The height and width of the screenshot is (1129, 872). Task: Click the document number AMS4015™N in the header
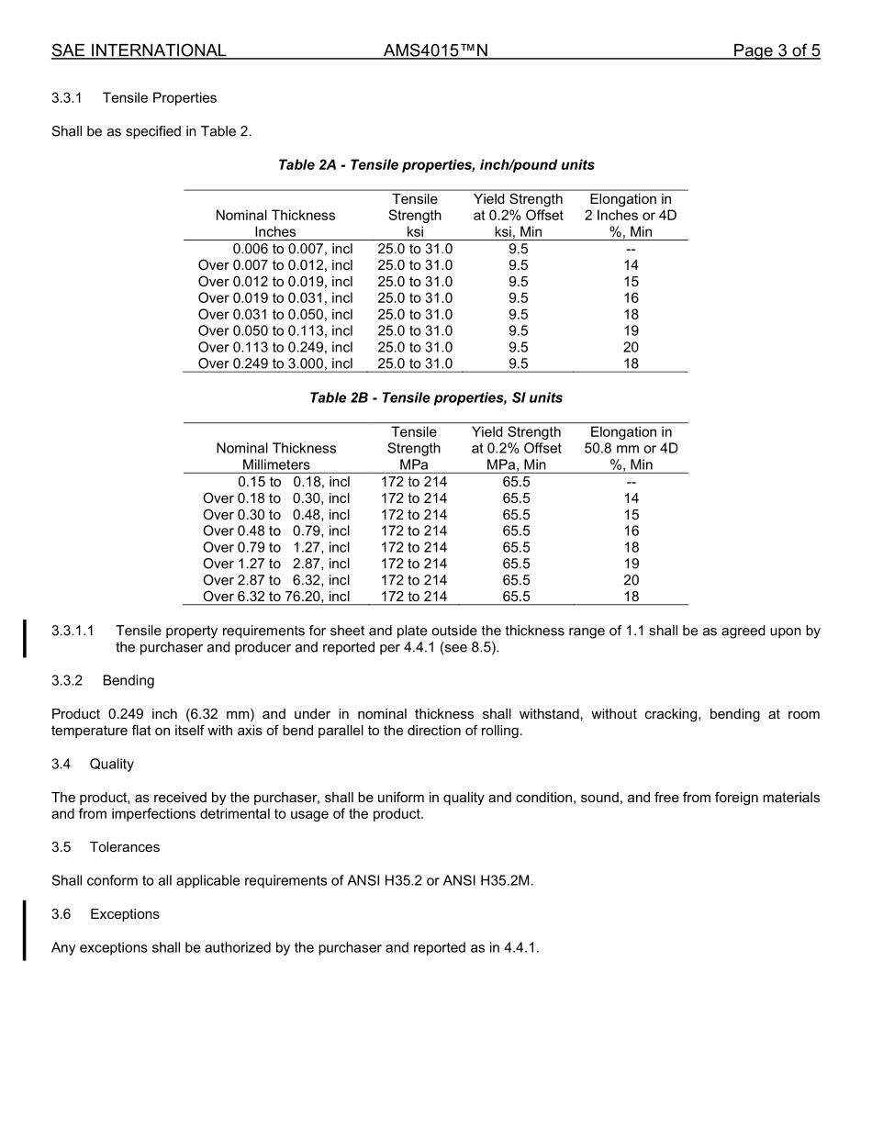coord(435,50)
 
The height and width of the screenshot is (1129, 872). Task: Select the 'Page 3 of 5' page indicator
coord(776,50)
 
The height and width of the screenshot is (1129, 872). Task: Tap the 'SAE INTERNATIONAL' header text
coord(139,50)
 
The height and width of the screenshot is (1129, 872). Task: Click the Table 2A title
coord(436,165)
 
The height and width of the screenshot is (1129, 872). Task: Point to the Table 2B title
coord(436,398)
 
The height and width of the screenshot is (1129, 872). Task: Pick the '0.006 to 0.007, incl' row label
coord(292,249)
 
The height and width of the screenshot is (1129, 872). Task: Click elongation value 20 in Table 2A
coord(631,347)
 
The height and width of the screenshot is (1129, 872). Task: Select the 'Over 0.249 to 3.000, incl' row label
coord(275,363)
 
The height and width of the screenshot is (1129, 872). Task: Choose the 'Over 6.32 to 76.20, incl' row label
coord(276,597)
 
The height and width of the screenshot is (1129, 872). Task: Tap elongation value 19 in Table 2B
coord(631,564)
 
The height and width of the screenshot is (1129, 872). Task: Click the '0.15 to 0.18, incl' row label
coord(294,482)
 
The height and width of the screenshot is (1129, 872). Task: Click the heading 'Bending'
coord(129,681)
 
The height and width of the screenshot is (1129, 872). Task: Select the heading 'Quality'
coord(112,764)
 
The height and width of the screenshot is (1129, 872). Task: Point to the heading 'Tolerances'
coord(125,847)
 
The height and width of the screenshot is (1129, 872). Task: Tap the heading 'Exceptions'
coord(125,914)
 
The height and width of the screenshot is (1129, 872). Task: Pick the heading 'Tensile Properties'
coord(160,98)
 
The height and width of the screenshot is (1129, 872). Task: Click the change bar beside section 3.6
coord(25,930)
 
